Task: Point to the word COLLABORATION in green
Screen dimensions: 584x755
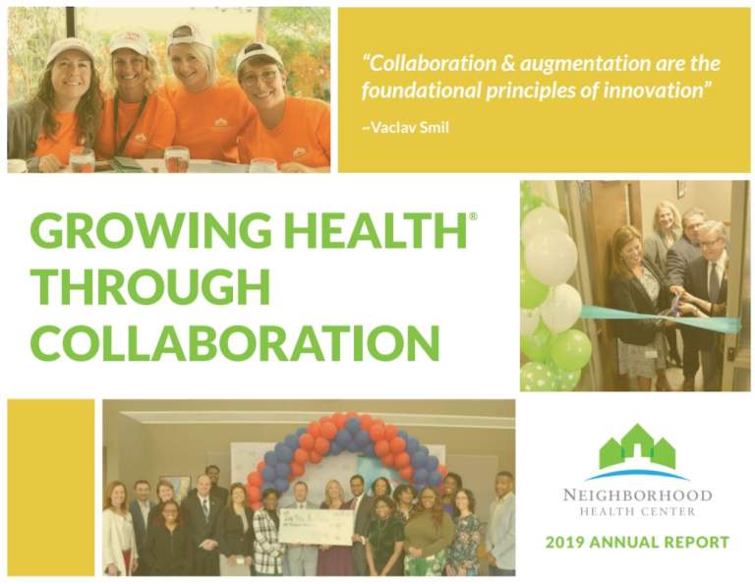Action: click(234, 342)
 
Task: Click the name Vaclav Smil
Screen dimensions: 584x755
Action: click(409, 128)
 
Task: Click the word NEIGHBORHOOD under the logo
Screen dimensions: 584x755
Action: click(637, 495)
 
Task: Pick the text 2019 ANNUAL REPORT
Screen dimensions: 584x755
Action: click(637, 542)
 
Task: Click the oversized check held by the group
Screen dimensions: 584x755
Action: click(314, 526)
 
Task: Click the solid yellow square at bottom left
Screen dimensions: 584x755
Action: click(50, 486)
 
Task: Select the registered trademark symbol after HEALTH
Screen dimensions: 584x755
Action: click(473, 215)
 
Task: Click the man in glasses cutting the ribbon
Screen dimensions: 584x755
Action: click(709, 265)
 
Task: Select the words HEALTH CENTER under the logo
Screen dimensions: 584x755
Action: click(637, 512)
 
